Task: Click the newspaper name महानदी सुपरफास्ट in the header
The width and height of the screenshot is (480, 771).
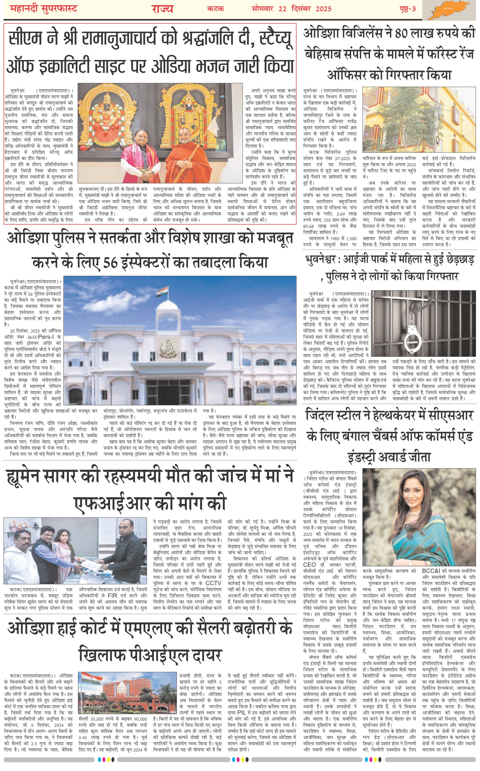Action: (x=44, y=9)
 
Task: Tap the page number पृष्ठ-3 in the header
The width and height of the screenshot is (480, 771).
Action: (x=407, y=9)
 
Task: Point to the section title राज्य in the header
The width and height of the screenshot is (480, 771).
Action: (x=162, y=9)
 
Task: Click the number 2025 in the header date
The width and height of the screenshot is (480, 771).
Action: (x=323, y=9)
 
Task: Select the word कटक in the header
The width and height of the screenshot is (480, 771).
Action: (x=216, y=9)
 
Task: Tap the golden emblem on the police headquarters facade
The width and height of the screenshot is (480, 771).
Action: (x=167, y=348)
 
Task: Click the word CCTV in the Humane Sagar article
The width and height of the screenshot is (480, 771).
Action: (x=213, y=583)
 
